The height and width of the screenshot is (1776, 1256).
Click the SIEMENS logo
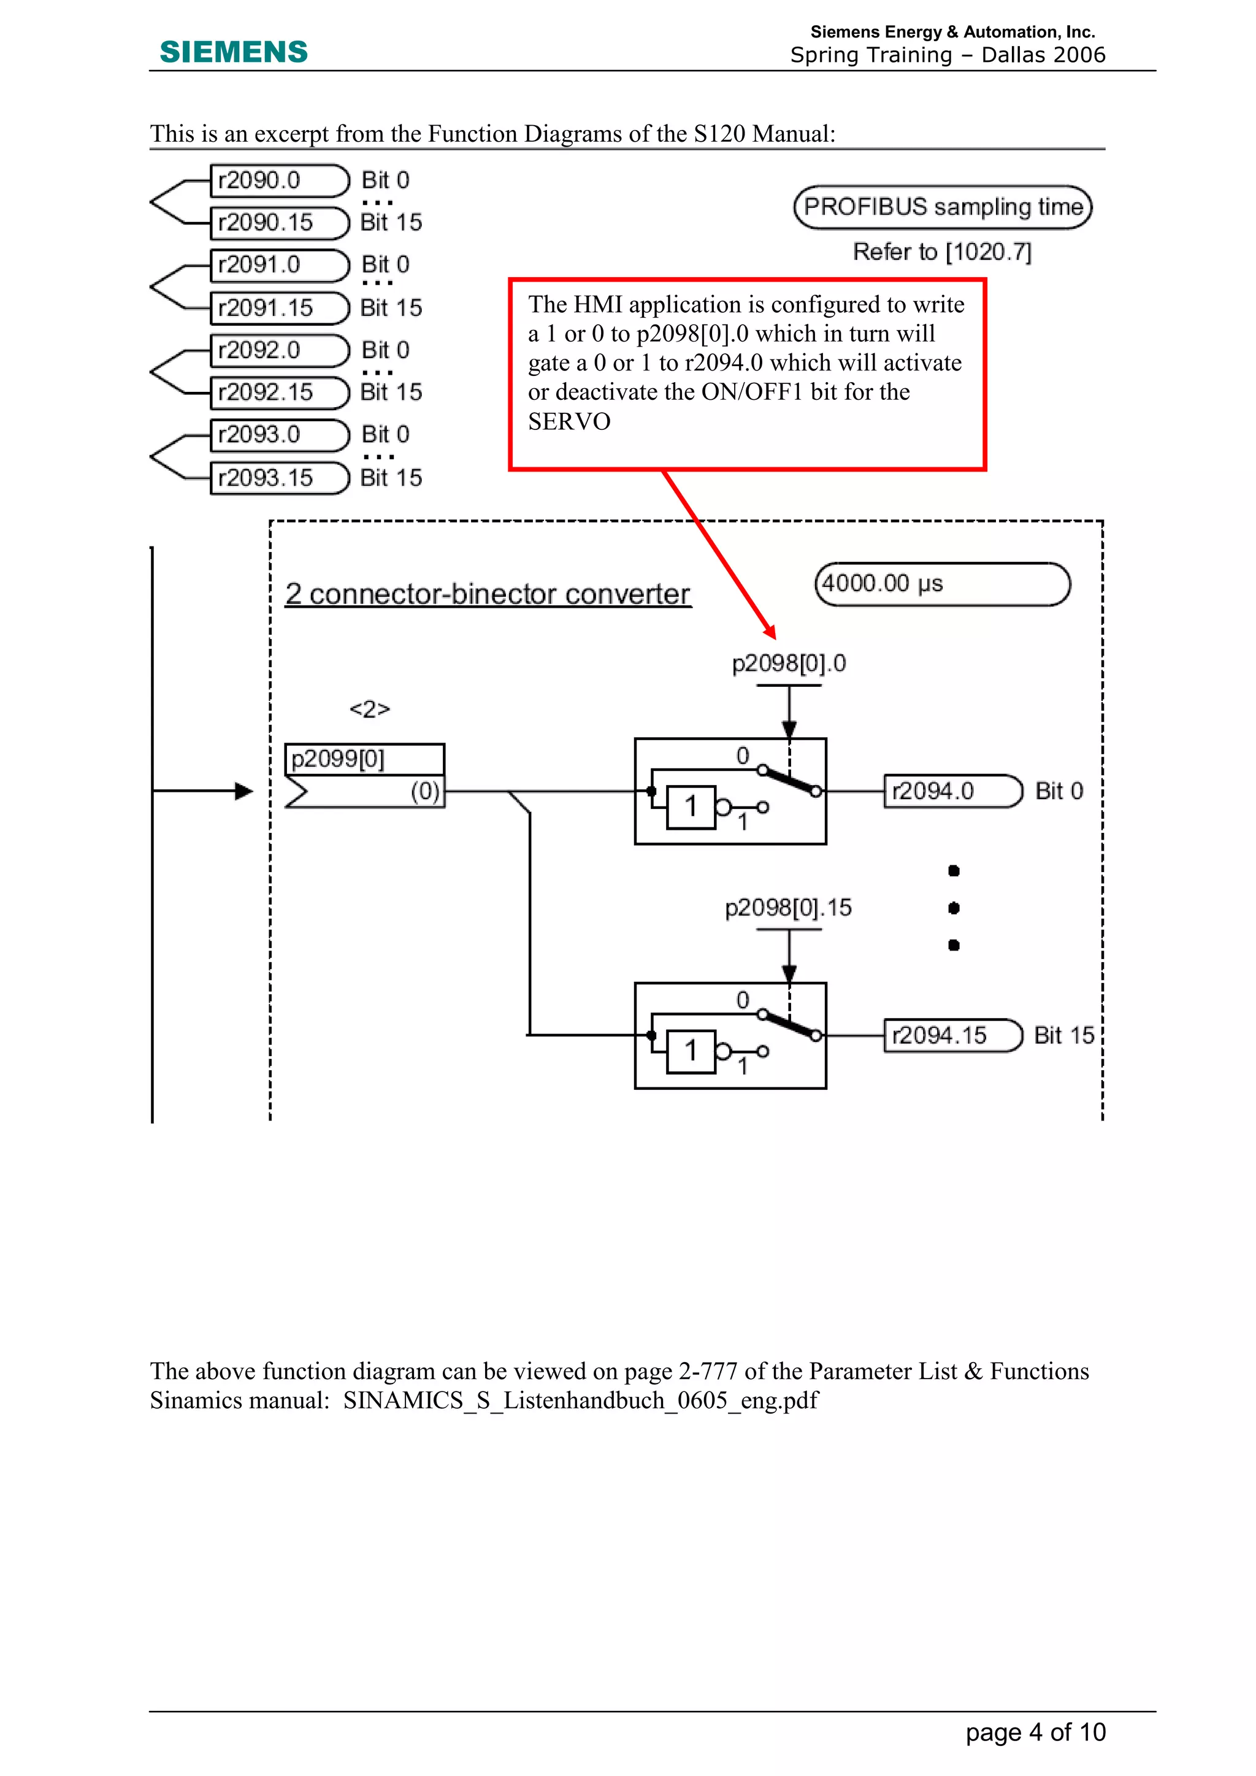(234, 52)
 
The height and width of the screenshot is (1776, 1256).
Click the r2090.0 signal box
(278, 180)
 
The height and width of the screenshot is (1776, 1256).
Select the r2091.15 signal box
(278, 308)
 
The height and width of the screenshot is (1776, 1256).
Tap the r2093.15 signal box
(278, 478)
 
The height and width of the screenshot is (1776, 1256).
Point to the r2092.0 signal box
(278, 350)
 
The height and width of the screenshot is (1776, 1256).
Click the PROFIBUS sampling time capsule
(943, 207)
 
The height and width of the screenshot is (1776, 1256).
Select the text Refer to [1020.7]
(942, 252)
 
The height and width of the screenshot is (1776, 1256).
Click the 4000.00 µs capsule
(942, 584)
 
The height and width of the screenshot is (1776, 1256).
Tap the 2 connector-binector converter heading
(487, 594)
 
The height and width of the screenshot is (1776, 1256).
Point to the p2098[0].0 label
(789, 664)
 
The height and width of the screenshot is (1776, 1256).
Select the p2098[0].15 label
(788, 908)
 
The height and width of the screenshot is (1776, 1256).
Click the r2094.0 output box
(953, 791)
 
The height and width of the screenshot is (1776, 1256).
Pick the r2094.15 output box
(953, 1036)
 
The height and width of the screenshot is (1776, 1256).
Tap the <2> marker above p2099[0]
(370, 710)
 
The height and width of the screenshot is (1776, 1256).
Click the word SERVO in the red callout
(569, 421)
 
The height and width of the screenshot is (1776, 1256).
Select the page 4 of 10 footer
(1036, 1732)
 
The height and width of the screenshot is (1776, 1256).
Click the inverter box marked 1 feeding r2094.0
(691, 807)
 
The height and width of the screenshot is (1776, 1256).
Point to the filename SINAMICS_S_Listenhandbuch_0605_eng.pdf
(580, 1400)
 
